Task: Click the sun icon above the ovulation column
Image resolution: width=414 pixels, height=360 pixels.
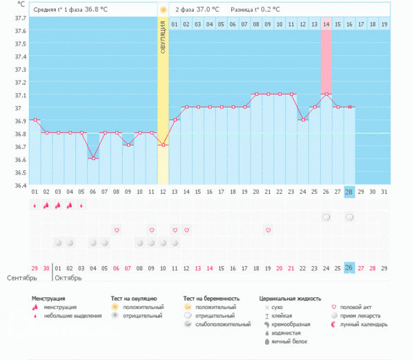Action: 163,10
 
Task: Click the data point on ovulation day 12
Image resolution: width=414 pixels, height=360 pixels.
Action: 163,145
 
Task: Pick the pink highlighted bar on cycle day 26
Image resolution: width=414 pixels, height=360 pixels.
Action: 326,62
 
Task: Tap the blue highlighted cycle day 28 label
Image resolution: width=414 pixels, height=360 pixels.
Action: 350,192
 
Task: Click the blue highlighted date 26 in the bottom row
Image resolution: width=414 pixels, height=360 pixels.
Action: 350,268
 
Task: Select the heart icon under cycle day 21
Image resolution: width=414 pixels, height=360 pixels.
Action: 268,230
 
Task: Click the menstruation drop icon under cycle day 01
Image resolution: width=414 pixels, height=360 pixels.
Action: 34,205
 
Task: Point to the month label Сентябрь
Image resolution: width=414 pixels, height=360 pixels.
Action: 21,279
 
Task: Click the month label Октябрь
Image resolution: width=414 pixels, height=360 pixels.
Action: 68,279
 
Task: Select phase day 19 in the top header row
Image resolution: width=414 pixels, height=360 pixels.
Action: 385,25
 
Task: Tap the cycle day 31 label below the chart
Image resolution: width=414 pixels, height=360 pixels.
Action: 385,192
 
